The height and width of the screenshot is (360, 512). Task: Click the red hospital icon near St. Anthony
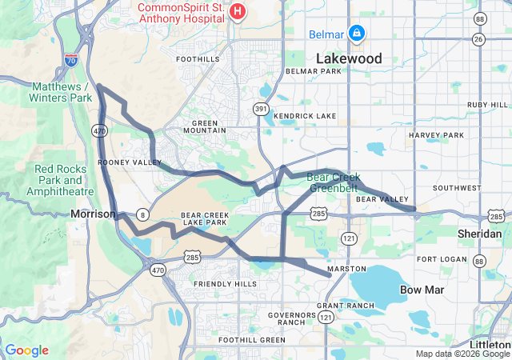pyautogui.click(x=238, y=10)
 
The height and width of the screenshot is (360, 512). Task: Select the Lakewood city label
pyautogui.click(x=349, y=58)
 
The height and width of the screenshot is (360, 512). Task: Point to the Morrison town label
pyautogui.click(x=93, y=214)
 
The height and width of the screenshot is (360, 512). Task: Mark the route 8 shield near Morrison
pyautogui.click(x=142, y=214)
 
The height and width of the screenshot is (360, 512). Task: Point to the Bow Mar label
pyautogui.click(x=422, y=288)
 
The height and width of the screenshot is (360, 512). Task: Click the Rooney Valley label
pyautogui.click(x=124, y=162)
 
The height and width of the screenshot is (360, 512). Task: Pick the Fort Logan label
pyautogui.click(x=440, y=259)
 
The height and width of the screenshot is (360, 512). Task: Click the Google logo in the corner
pyautogui.click(x=26, y=350)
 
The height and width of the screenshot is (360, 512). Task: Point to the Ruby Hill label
pyautogui.click(x=487, y=105)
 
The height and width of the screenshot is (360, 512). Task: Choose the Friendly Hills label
pyautogui.click(x=225, y=284)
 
